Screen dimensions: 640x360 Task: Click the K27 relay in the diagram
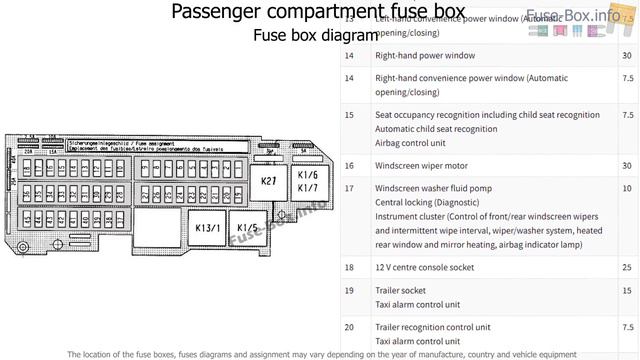click(268, 181)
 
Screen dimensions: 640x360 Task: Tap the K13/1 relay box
click(207, 228)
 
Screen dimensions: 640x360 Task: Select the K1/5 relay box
click(249, 228)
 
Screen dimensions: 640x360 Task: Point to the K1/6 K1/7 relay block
click(307, 181)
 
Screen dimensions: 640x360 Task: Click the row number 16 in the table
click(349, 164)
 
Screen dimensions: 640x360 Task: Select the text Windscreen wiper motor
click(421, 164)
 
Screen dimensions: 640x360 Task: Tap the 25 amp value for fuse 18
click(626, 267)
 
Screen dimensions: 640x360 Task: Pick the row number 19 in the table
click(349, 290)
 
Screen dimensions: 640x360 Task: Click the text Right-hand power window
click(425, 55)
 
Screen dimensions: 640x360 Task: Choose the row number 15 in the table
click(349, 115)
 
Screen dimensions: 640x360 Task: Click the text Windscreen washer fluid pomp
click(433, 188)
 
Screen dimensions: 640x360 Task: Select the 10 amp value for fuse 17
click(626, 188)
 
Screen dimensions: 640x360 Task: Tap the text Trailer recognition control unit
click(432, 327)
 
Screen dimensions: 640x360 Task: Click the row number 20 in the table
click(349, 327)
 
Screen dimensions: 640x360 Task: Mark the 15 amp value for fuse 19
click(626, 290)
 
